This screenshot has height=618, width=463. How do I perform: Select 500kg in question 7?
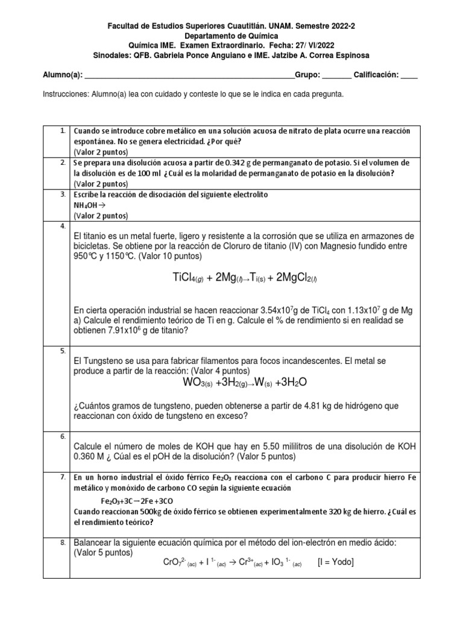click(148, 512)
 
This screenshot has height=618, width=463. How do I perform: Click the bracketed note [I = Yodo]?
click(335, 562)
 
